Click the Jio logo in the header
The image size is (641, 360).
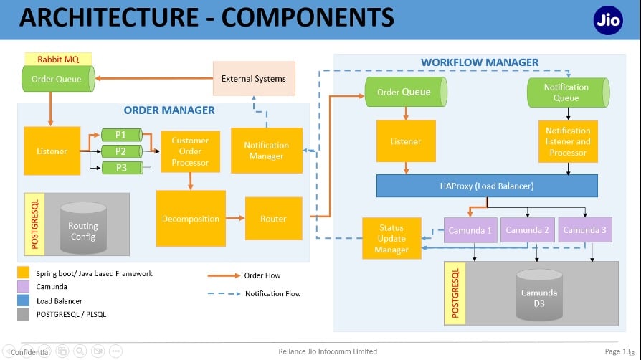tap(608, 20)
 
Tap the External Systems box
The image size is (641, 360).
tap(254, 79)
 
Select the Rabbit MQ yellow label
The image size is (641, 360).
tap(58, 60)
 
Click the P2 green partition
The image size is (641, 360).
tap(122, 151)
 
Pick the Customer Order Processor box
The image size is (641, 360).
tap(190, 151)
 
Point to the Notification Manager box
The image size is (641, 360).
tap(267, 151)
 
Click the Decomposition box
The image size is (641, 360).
tap(191, 219)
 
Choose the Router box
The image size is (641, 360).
tap(273, 219)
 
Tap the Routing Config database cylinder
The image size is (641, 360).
tap(83, 228)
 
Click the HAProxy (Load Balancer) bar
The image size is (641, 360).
tap(487, 186)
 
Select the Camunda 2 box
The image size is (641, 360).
tap(527, 230)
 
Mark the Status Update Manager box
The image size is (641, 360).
tap(391, 239)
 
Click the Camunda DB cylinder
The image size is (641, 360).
tap(539, 295)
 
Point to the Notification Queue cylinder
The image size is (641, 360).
tap(569, 93)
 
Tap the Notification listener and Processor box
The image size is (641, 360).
tap(568, 141)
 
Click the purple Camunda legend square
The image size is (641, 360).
tap(23, 286)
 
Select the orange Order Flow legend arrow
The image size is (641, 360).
tap(224, 275)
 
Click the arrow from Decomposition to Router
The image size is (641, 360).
tap(235, 218)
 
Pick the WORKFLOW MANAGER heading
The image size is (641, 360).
tap(480, 62)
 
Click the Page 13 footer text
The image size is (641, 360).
tap(617, 351)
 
